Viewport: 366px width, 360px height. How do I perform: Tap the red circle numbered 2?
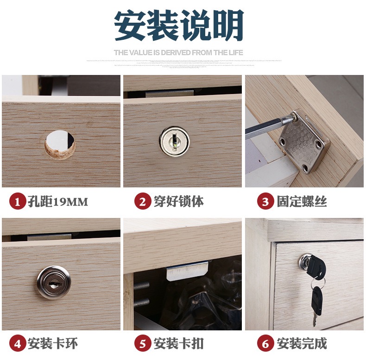coord(142,202)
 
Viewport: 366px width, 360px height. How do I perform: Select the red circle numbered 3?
coord(265,202)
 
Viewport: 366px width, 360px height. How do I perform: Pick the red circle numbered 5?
coord(142,344)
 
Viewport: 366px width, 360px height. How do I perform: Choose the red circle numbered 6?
coord(265,344)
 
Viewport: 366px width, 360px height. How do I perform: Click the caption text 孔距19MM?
coord(57,202)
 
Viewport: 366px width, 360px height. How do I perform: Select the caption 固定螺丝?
coord(302,202)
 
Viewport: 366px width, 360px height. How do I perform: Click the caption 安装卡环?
coord(52,344)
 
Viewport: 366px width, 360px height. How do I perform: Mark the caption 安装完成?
coord(302,344)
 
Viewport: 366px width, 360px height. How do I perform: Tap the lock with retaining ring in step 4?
coord(54,282)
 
